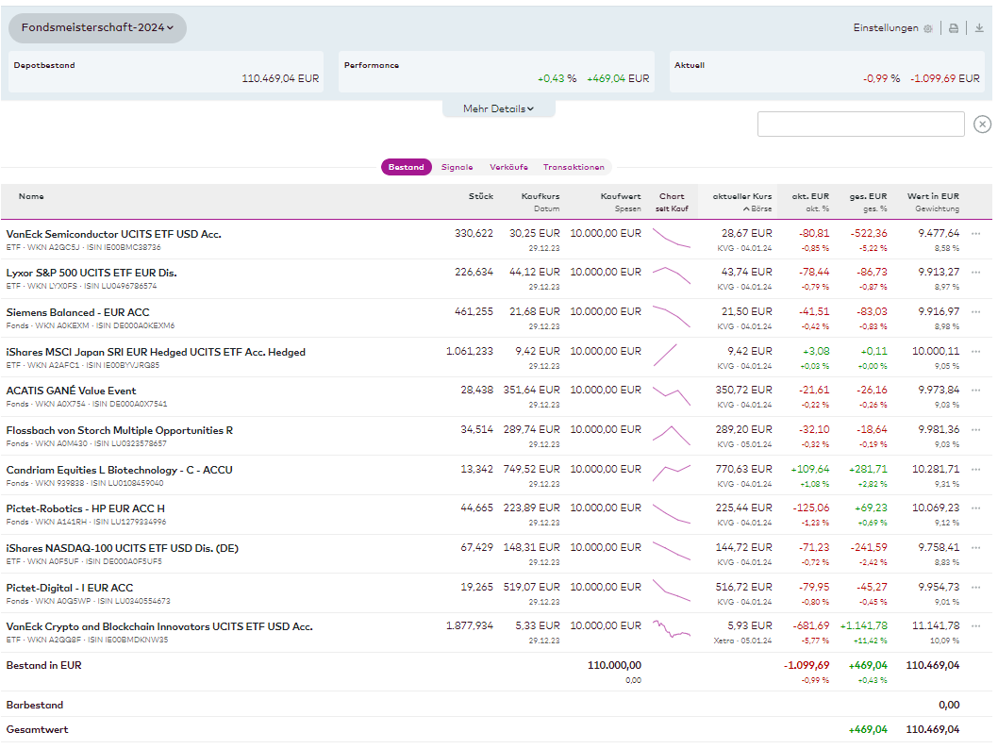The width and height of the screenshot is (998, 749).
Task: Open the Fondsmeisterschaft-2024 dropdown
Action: tap(97, 28)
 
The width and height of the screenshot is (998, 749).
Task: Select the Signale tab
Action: tap(457, 167)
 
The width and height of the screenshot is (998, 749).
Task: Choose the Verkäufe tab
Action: tap(508, 167)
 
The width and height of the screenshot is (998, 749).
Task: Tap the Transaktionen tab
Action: tap(574, 167)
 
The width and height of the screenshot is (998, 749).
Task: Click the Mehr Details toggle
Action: tap(498, 108)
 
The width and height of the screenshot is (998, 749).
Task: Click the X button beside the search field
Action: tap(982, 125)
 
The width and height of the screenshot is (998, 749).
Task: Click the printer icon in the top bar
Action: tap(954, 28)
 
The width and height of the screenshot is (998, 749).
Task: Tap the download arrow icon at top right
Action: tap(979, 28)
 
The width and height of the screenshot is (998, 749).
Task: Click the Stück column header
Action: tap(480, 196)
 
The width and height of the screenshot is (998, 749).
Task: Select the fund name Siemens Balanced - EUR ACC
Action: tap(77, 312)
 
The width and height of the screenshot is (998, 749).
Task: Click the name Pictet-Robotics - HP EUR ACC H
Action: tap(85, 508)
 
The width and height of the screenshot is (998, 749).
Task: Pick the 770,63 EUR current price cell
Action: tap(748, 469)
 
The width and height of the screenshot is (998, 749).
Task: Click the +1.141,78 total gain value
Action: tap(863, 625)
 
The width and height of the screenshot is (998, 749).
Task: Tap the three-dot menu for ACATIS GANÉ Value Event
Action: tap(976, 391)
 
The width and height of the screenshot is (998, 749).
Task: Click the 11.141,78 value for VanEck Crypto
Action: tap(935, 625)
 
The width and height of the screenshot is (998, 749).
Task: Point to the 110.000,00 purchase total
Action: tap(614, 665)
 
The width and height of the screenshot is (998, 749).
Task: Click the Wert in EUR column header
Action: tap(933, 196)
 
